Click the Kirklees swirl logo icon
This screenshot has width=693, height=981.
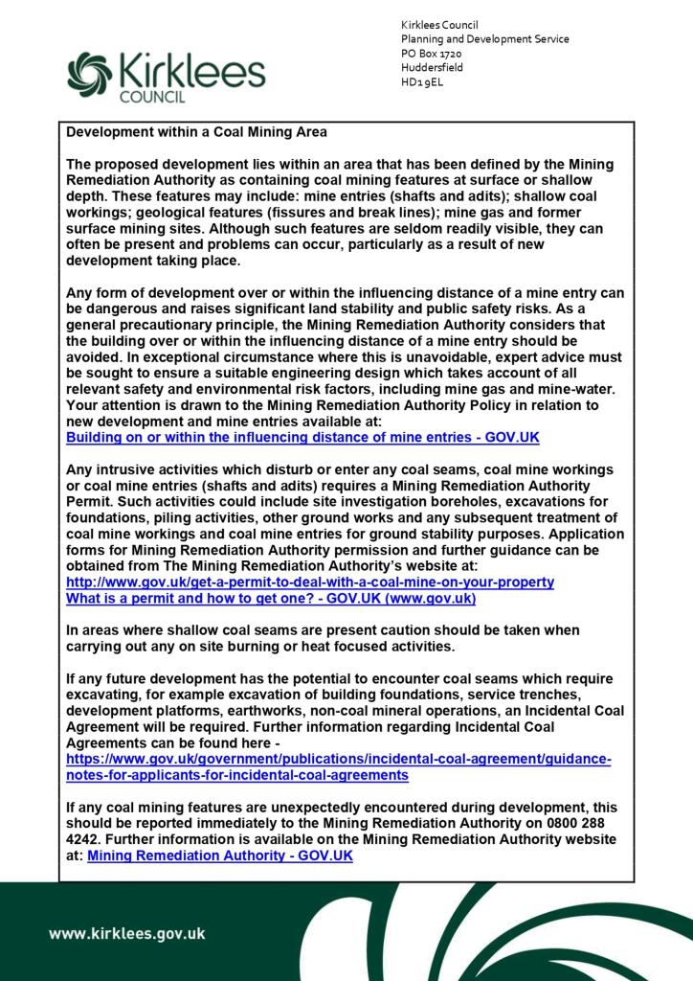tap(88, 75)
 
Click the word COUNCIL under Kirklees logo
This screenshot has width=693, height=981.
tap(151, 98)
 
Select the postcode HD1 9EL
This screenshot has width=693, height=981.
tap(422, 82)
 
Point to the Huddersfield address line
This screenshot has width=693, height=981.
tap(433, 68)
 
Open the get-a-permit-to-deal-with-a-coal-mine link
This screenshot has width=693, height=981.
tap(309, 582)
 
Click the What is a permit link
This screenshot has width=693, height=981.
tap(271, 598)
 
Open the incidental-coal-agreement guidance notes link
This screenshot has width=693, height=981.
tap(337, 765)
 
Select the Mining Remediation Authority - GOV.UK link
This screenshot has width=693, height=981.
tap(219, 856)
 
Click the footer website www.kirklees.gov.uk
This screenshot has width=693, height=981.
tap(126, 934)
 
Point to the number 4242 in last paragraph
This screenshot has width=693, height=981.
tap(83, 839)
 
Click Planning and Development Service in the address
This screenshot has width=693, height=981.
tap(485, 39)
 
